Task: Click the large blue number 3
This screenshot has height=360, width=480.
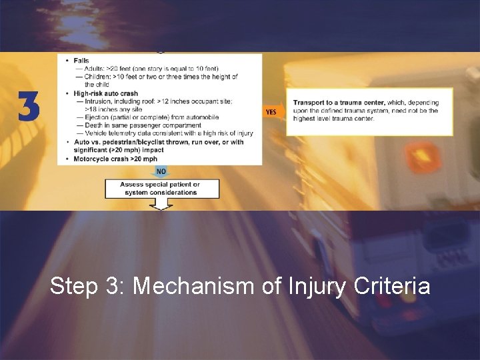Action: click(29, 107)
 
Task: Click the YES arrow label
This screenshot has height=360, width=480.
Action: click(271, 112)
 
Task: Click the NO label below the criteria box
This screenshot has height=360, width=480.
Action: click(160, 171)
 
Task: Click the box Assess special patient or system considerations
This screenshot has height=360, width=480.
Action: click(161, 189)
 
